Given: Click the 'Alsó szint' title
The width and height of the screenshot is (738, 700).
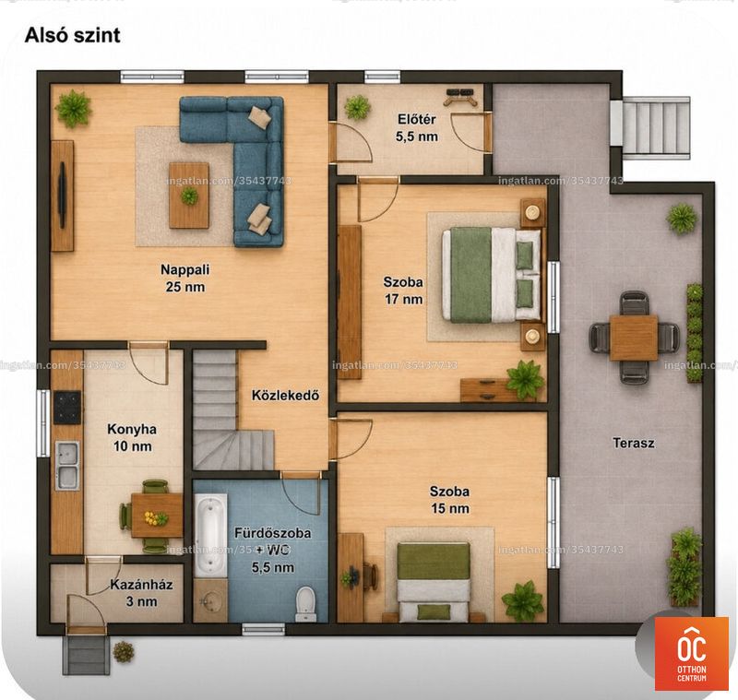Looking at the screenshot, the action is [73, 35].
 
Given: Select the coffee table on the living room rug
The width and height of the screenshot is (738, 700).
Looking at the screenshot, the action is [189, 196].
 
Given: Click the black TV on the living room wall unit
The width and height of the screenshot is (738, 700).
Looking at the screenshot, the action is [62, 196].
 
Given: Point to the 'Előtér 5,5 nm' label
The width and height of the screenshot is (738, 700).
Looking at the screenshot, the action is [417, 128].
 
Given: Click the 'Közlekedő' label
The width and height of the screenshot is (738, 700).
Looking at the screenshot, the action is [285, 395].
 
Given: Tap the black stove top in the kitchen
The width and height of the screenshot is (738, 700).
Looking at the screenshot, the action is [67, 408].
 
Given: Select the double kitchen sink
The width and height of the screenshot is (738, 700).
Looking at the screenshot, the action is [67, 466].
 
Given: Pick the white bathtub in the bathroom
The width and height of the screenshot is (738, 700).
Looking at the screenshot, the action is [210, 534].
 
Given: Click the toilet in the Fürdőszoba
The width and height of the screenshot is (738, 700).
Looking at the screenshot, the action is [305, 603].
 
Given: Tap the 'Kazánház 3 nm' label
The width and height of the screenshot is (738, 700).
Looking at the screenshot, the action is [141, 593].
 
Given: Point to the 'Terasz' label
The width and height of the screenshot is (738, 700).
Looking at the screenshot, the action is [634, 443].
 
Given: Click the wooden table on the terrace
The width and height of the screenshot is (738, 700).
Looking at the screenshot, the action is [634, 338].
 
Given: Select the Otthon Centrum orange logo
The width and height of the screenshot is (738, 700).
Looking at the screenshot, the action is [691, 654].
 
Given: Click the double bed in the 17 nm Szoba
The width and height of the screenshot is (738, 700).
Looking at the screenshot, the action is [490, 275].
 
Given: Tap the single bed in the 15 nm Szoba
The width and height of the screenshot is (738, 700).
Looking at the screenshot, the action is [433, 582].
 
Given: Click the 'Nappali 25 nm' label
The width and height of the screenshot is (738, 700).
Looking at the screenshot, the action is [185, 278].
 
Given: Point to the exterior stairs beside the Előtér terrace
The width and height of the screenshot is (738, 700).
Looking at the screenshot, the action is [655, 125].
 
